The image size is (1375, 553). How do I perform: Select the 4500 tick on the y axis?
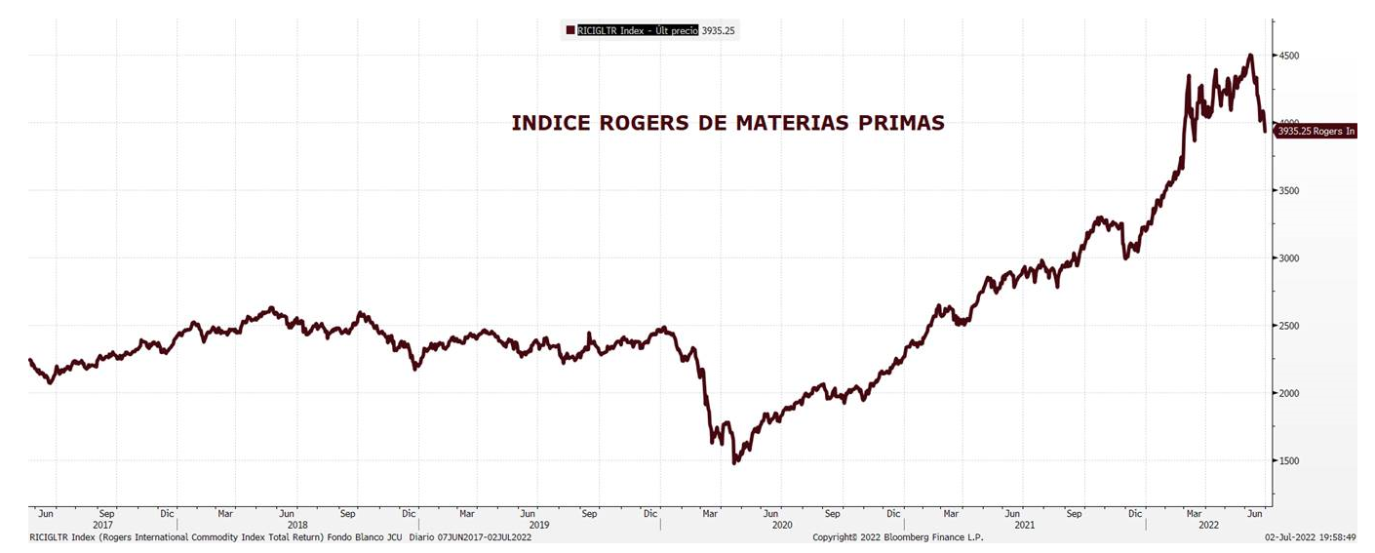(x=1291, y=56)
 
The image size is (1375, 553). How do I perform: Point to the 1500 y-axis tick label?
(x=1291, y=460)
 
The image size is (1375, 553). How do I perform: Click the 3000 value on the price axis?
(x=1291, y=258)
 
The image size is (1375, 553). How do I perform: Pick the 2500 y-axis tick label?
(x=1291, y=326)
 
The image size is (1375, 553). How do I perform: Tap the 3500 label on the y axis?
(x=1291, y=191)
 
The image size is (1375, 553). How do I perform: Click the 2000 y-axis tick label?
(x=1291, y=393)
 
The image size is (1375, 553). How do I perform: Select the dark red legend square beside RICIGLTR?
(x=570, y=30)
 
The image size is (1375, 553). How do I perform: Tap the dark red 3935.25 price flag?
(x=1316, y=131)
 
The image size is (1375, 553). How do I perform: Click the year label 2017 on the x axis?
(x=102, y=525)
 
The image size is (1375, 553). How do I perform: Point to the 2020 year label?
(x=782, y=525)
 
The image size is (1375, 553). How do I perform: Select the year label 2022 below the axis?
(x=1205, y=525)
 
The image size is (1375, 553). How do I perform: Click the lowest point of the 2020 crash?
(x=734, y=461)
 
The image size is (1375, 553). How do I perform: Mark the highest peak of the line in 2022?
(x=1249, y=56)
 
